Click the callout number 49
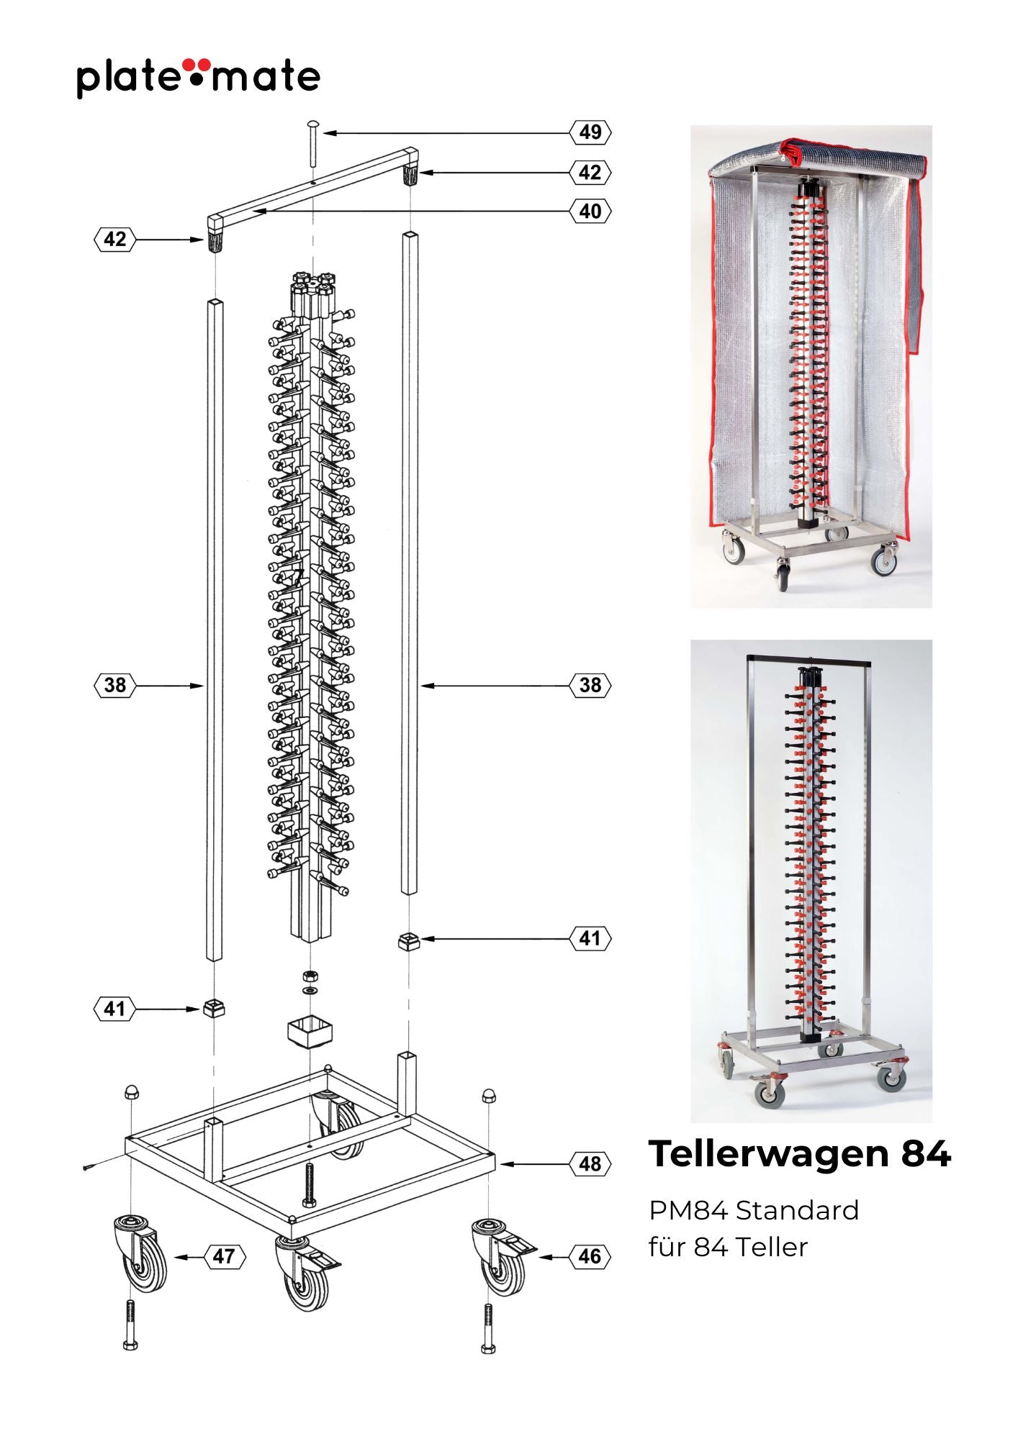590,132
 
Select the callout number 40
590,212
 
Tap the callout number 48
590,1163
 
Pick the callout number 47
224,1257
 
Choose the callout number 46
590,1257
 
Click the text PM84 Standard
754,1210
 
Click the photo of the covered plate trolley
811,367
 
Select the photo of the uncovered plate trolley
811,881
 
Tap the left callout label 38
115,685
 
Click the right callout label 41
590,938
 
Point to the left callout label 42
115,239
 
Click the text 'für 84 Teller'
728,1247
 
